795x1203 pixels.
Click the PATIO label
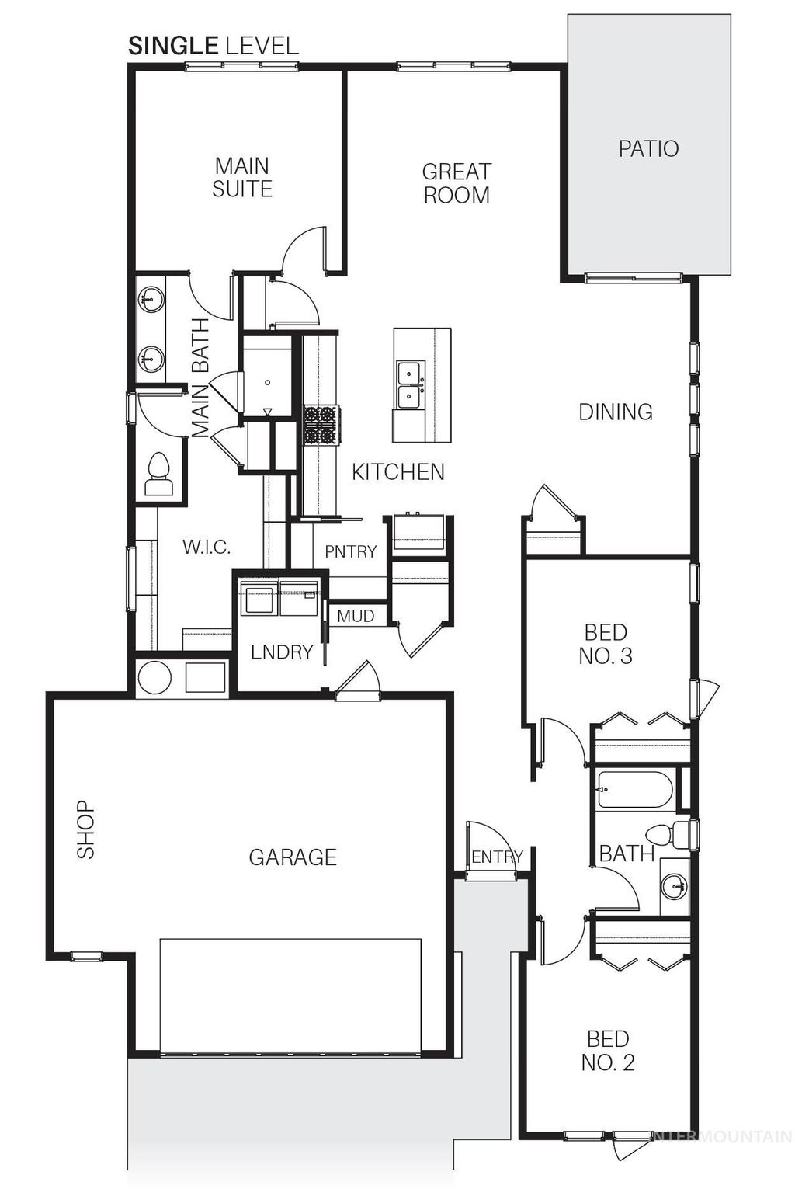(648, 148)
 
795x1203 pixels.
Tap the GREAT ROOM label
(457, 183)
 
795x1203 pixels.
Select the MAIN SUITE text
(242, 177)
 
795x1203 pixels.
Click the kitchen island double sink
(409, 384)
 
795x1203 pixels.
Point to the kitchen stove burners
(320, 426)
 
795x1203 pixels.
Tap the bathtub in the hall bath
(634, 790)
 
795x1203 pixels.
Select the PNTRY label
(350, 551)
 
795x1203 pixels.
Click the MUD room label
(356, 616)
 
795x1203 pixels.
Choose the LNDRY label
(281, 652)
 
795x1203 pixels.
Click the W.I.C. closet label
(207, 547)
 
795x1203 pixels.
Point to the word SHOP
(85, 829)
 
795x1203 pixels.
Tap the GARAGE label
(293, 857)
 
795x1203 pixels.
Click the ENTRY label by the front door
(497, 857)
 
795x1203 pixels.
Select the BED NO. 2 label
(608, 1050)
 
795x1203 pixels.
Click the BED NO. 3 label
(606, 645)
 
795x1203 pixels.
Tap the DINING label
(616, 412)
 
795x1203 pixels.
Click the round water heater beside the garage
(154, 678)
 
